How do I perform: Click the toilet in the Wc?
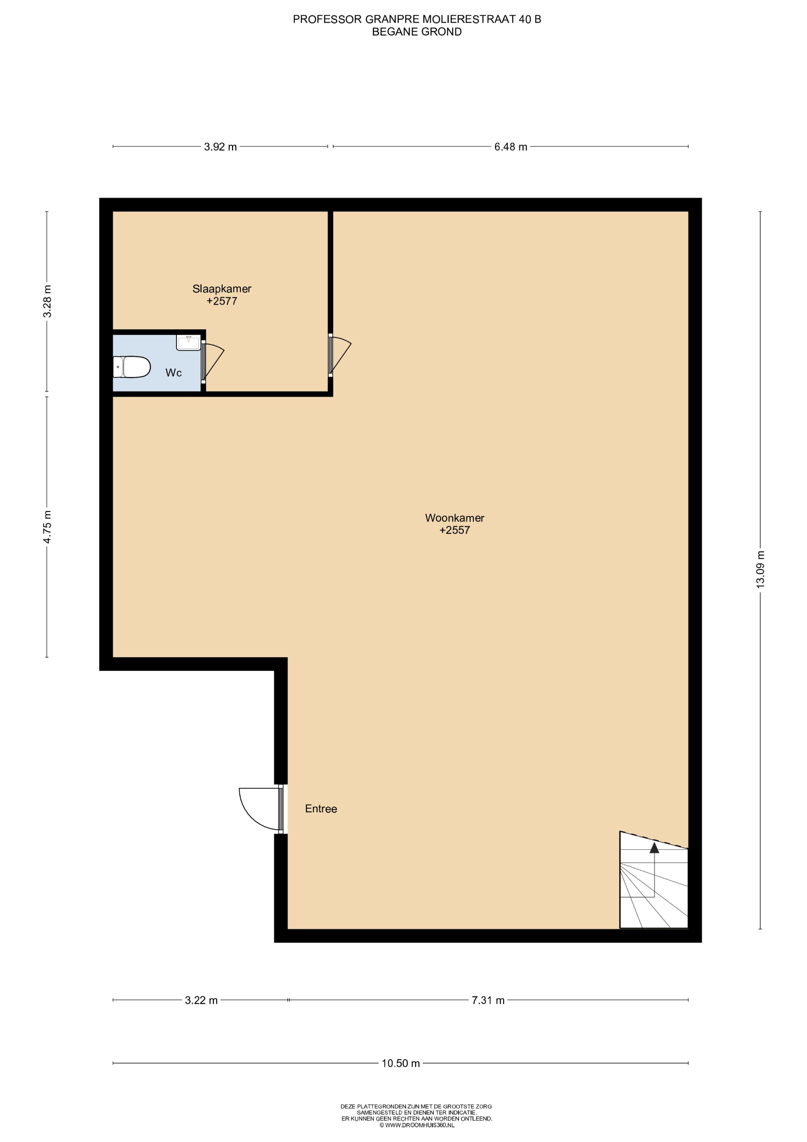(131, 367)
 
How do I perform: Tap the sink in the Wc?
(188, 343)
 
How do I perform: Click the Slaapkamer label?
(222, 288)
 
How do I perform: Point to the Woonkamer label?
(455, 518)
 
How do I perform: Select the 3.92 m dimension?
(220, 147)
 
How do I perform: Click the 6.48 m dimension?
(511, 147)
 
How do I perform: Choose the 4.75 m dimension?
(47, 527)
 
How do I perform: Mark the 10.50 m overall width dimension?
(401, 1064)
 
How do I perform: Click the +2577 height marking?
(222, 301)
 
